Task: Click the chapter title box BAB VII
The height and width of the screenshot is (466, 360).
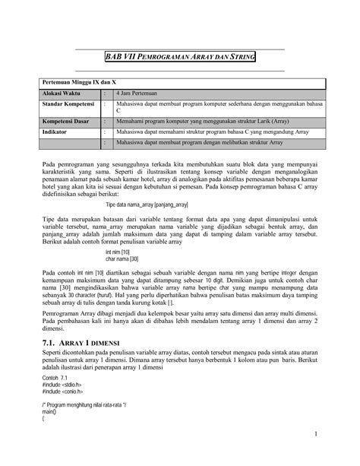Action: [x=179, y=58]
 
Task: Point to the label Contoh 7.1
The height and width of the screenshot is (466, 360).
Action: [x=56, y=378]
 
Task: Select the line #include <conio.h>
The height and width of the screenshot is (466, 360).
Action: [x=63, y=393]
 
